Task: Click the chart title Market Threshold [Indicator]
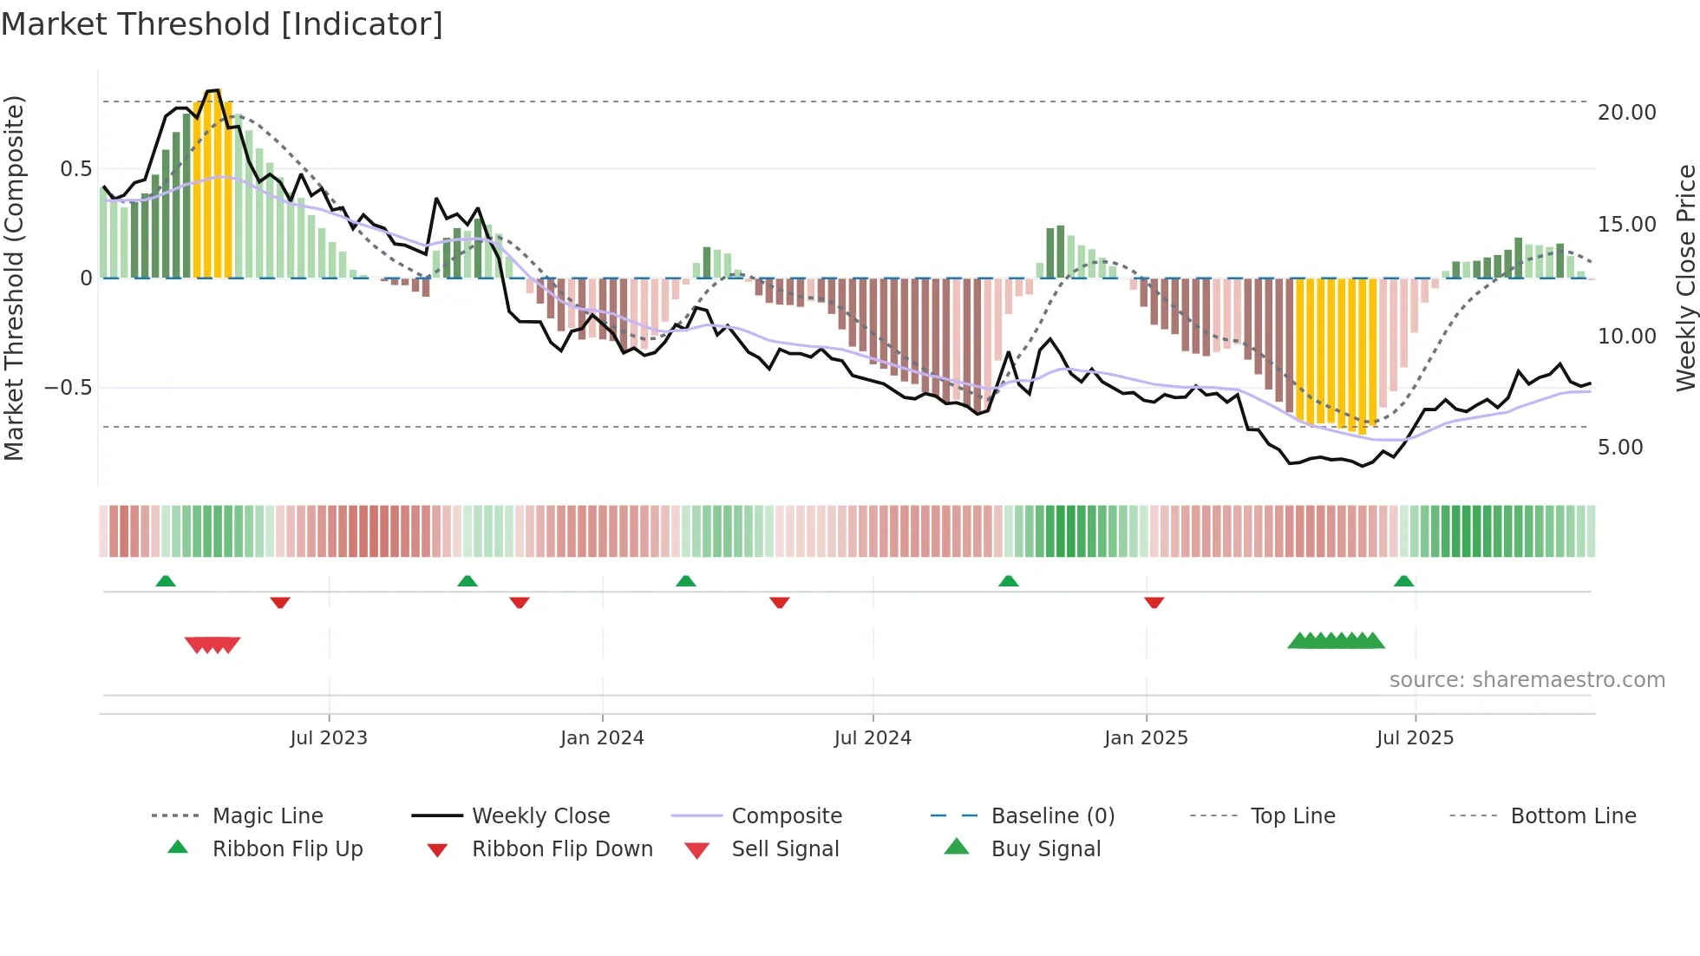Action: (222, 24)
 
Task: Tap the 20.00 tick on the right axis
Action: (1626, 113)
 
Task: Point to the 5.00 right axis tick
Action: (1619, 448)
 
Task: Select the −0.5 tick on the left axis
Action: (68, 388)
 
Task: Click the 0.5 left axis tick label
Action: (75, 169)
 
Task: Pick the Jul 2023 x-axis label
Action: (329, 738)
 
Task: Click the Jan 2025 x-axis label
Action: (1146, 738)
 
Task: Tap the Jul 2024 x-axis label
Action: (873, 738)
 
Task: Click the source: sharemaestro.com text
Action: (1527, 680)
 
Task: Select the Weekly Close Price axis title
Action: (1685, 278)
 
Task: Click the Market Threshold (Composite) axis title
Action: (14, 278)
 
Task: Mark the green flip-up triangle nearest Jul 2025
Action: (1403, 581)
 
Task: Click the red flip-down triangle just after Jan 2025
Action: (1154, 602)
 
